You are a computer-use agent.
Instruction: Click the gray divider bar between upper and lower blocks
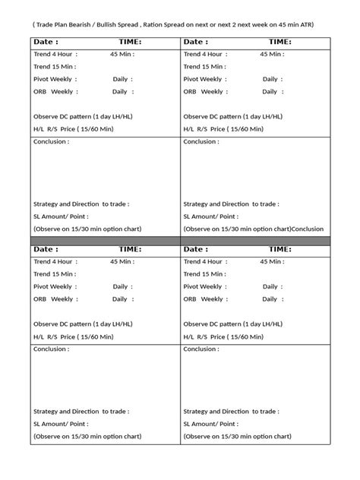[x=180, y=240]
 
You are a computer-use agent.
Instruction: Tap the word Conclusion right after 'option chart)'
[x=308, y=229]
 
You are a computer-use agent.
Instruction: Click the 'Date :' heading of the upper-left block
[x=46, y=43]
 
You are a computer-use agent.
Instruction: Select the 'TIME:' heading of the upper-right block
[x=279, y=43]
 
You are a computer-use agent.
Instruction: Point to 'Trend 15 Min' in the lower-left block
[x=55, y=273]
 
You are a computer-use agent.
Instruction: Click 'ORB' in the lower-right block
[x=190, y=298]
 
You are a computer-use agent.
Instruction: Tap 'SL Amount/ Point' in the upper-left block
[x=61, y=216]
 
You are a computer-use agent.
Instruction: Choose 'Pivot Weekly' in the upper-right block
[x=203, y=79]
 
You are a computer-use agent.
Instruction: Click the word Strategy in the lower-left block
[x=48, y=411]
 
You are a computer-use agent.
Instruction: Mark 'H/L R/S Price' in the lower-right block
[x=205, y=335]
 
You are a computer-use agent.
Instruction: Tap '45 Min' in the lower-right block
[x=271, y=261]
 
